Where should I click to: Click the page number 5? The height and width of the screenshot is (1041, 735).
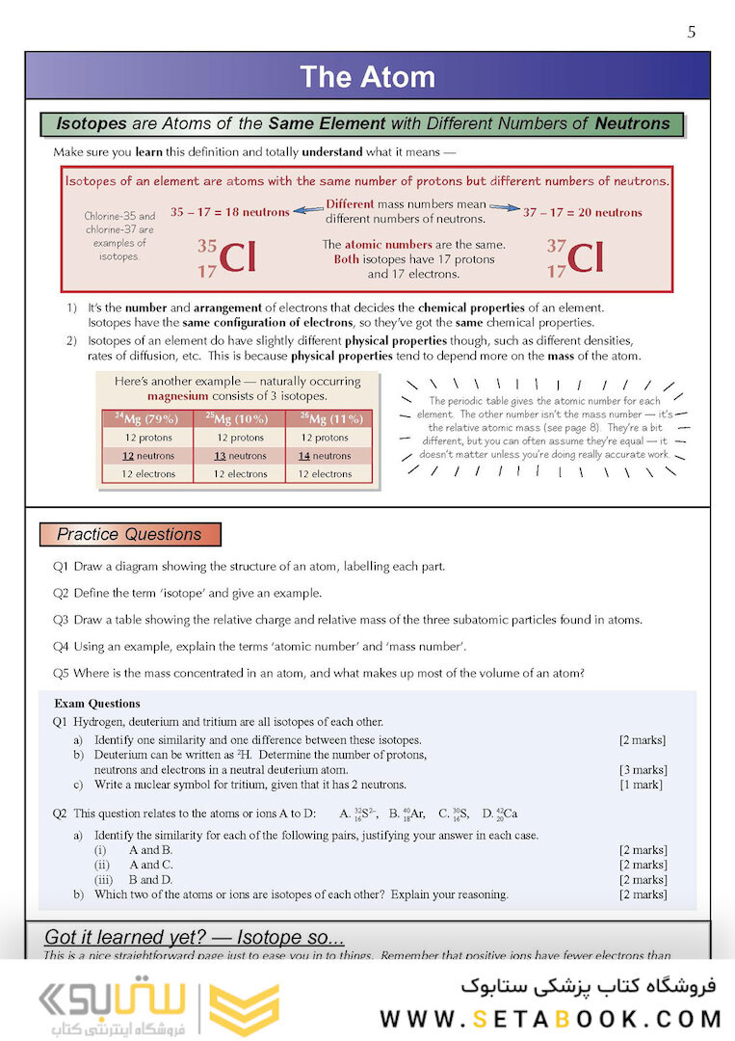[692, 33]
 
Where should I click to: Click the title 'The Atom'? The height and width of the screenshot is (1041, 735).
[367, 77]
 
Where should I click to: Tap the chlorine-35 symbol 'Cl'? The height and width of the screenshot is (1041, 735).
[237, 257]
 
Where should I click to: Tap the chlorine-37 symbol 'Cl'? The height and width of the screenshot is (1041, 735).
[585, 257]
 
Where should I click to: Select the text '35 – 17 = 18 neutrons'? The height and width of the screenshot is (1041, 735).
[229, 212]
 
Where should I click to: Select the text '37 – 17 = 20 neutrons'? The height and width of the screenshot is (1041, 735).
[582, 212]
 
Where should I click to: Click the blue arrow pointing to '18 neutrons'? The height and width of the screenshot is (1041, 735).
[307, 209]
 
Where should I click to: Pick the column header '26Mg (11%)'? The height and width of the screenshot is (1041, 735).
[331, 418]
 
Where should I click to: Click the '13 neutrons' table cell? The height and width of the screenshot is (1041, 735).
[240, 456]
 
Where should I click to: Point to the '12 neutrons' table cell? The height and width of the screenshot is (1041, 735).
[147, 456]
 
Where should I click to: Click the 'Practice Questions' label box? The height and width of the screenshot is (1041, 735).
[130, 535]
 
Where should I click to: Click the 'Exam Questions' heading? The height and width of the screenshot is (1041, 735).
[97, 704]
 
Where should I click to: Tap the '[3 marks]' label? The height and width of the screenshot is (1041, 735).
[643, 770]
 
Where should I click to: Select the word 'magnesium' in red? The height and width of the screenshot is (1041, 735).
[175, 395]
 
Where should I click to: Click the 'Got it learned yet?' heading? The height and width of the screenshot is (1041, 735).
[195, 938]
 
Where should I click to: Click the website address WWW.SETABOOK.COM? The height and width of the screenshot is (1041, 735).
[550, 1019]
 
